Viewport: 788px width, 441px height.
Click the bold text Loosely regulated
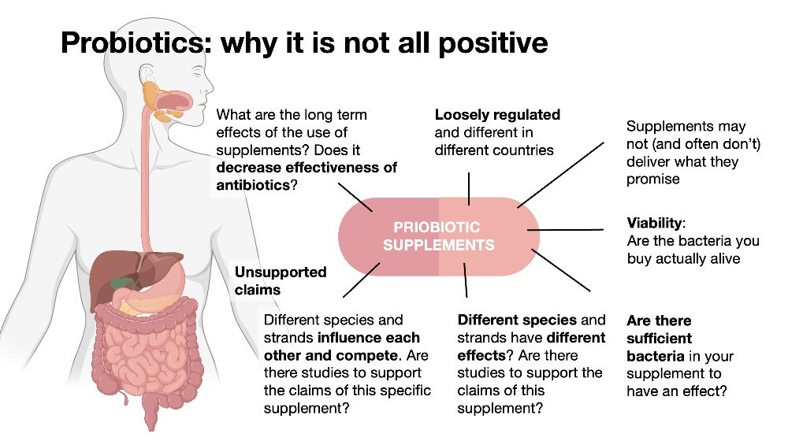497,115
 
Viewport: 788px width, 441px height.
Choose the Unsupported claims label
281,280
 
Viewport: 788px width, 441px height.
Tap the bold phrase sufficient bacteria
661,347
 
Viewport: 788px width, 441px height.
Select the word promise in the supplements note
652,179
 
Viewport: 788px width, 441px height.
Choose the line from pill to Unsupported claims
362,280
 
